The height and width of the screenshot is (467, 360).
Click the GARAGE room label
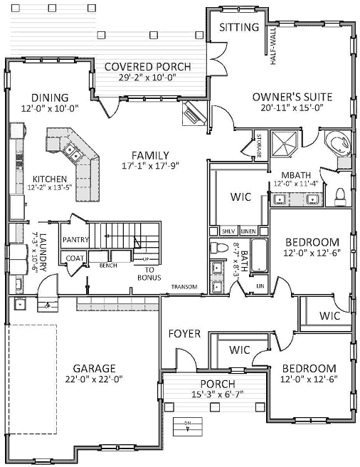point(94,368)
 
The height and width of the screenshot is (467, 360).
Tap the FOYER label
point(184,333)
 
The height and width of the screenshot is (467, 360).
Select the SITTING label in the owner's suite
point(238,28)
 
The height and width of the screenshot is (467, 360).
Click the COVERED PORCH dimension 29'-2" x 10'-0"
point(147,79)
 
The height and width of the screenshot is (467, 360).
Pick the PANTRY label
point(75,240)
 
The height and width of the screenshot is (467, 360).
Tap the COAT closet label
point(75,258)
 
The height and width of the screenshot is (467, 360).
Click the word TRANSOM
point(184,288)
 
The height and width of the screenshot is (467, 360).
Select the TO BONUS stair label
point(145,274)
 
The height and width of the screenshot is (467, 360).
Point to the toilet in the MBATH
point(339,194)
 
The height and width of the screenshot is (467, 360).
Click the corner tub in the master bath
point(337,143)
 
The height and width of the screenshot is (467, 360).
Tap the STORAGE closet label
point(260,145)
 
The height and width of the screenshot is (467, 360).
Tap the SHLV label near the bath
point(228,231)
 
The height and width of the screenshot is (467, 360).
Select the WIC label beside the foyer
point(238,350)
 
